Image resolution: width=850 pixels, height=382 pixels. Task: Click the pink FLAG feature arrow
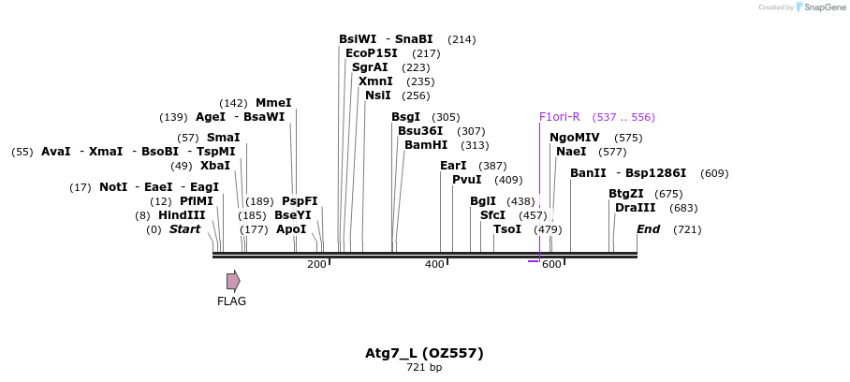[x=233, y=281]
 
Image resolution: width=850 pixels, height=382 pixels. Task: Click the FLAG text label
[x=232, y=301]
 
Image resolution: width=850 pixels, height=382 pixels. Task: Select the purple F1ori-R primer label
[x=560, y=117]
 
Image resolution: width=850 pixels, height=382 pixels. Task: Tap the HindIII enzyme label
[x=182, y=215]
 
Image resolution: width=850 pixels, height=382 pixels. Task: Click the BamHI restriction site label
[x=426, y=145]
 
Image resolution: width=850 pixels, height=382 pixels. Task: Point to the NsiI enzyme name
[x=378, y=95]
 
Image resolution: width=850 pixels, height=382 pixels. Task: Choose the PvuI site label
[x=467, y=180]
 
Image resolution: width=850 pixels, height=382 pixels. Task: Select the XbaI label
[x=215, y=166]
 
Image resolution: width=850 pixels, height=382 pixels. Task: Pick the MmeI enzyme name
[x=273, y=103]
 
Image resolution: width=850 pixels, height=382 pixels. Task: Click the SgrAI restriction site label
[x=370, y=67]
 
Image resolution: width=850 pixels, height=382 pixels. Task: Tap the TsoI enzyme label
[x=507, y=229]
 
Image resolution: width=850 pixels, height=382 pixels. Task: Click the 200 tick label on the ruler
[x=316, y=264]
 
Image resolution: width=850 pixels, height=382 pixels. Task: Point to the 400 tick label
[x=434, y=264]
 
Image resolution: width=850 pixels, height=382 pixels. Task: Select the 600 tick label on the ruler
[x=551, y=264]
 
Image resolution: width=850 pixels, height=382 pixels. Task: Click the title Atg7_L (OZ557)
[x=424, y=353]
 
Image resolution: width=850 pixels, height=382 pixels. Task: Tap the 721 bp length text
[x=424, y=368]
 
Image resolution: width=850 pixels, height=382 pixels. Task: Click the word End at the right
[x=649, y=229]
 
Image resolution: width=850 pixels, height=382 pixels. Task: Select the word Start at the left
[x=184, y=229]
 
